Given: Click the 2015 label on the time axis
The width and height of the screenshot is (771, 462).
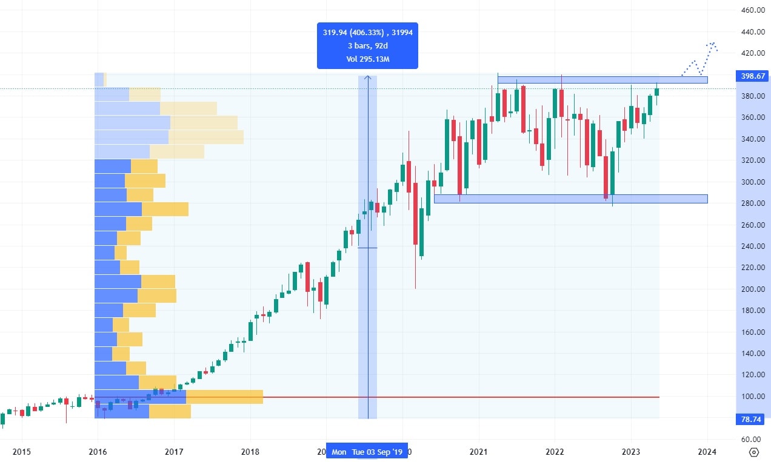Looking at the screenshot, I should [x=21, y=452].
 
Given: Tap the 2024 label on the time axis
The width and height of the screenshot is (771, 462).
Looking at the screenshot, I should [x=707, y=452].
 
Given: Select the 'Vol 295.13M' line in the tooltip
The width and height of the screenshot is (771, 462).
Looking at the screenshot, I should [x=367, y=59].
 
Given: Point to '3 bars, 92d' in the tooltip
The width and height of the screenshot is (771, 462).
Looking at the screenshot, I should [x=367, y=46].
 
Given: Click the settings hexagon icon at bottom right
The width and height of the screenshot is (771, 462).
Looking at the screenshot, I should [x=754, y=452].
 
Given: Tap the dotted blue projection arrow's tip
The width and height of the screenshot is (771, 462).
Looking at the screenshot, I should [x=713, y=44].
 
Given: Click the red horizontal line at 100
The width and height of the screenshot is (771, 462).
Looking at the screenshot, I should [x=424, y=397].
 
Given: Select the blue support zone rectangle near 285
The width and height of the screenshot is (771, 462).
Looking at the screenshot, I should [x=570, y=199].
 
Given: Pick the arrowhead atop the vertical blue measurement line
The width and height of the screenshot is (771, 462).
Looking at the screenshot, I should [x=367, y=77].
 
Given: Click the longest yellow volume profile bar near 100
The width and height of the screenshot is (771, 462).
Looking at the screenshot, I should [x=224, y=397].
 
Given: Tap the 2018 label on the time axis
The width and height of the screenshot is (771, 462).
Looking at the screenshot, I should [x=250, y=452].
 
